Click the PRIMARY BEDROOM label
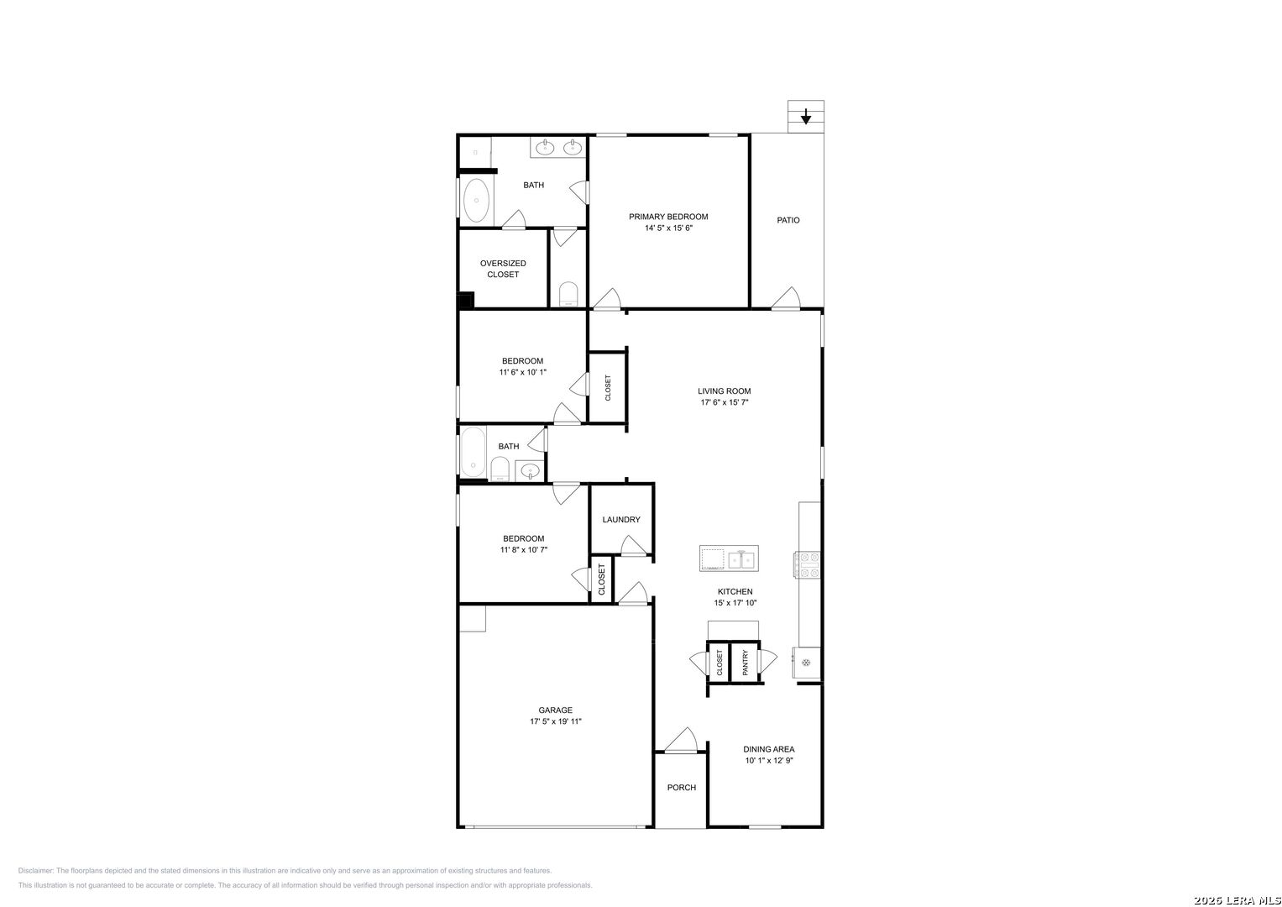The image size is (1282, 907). [x=668, y=217]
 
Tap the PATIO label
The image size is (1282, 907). [x=788, y=220]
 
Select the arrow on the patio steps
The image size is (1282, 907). [x=806, y=117]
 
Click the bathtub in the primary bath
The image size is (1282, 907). [x=476, y=201]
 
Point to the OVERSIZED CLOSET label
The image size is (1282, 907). [x=503, y=269]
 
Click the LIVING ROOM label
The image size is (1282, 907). [x=724, y=391]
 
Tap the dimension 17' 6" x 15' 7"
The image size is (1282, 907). [x=724, y=402]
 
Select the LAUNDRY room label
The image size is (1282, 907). [x=621, y=519]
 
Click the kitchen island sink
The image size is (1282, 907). [x=741, y=558]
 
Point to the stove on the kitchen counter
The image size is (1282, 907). [x=807, y=564]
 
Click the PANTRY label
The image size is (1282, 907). [x=746, y=663]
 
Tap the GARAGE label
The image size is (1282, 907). [x=555, y=710]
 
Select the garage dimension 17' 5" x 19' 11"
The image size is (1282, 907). [x=555, y=721]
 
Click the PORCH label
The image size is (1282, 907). [x=682, y=788]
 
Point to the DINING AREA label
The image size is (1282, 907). [x=769, y=749]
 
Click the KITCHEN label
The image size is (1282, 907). [x=735, y=591]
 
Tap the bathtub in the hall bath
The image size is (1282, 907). [x=474, y=452]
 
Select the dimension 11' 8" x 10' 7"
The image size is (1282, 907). [x=524, y=550]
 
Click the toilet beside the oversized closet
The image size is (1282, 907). [x=568, y=294]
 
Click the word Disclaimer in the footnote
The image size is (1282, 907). [x=35, y=870]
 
